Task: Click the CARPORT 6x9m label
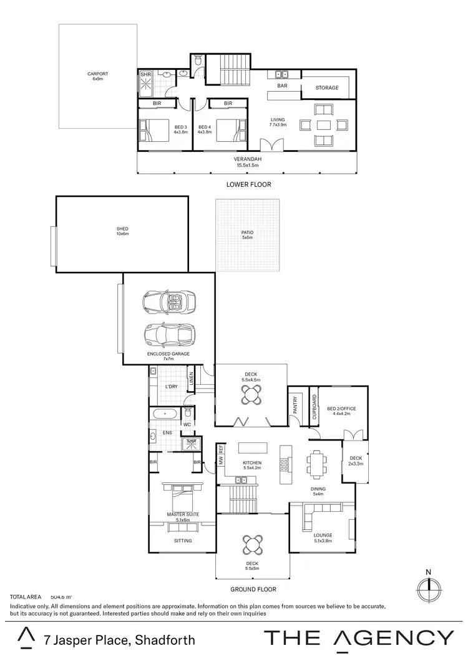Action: click(97, 76)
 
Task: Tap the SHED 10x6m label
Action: click(122, 231)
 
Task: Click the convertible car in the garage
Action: click(168, 302)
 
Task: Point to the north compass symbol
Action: click(427, 587)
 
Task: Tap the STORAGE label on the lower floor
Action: click(326, 88)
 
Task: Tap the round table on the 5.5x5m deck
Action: click(253, 544)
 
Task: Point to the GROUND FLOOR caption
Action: click(253, 589)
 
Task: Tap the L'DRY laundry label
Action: click(172, 387)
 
